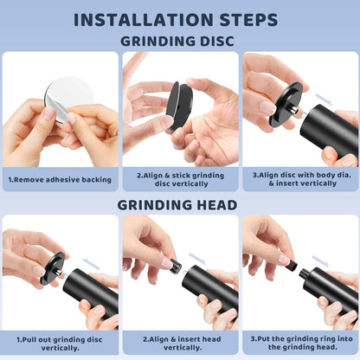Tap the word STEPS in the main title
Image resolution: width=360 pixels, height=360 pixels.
point(249,20)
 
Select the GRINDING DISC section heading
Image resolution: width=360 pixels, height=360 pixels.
point(177,42)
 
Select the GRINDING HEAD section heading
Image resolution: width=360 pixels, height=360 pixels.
point(177,205)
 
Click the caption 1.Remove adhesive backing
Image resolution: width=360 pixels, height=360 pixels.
point(60,180)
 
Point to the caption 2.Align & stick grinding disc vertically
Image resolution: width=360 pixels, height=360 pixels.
point(181,179)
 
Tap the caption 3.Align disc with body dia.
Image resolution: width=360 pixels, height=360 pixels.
point(302,175)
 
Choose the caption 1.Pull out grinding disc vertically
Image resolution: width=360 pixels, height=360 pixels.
point(60,344)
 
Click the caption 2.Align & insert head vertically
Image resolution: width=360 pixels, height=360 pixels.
point(182,344)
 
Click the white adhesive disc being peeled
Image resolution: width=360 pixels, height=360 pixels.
point(70,97)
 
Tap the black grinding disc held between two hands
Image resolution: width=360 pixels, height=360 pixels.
point(179,105)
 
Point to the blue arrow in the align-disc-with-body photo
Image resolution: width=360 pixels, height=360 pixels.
point(324,100)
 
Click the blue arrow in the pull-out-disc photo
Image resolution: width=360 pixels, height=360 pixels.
point(91,264)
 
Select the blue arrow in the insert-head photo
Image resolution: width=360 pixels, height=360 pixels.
point(197,259)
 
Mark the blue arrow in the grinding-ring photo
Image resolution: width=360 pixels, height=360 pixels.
point(320,261)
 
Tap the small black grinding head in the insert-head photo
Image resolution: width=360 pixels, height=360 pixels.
point(176,266)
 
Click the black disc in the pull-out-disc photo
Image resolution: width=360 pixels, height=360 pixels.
point(53,268)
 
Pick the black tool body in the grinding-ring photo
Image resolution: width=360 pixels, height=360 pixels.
point(329,288)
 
